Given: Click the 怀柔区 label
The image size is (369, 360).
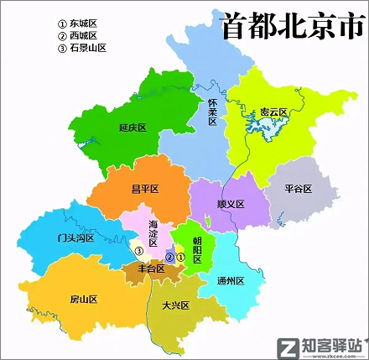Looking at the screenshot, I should [213, 111].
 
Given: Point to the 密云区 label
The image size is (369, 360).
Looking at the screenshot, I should [273, 112].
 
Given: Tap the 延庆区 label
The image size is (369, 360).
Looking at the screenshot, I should [133, 128].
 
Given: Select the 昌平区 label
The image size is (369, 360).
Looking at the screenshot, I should [145, 189].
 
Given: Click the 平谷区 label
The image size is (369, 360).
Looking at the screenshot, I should [298, 189].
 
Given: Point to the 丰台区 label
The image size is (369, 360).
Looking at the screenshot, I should [151, 269].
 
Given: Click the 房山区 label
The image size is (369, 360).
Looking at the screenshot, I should [83, 299].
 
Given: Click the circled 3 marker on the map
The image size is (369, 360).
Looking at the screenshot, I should [140, 249].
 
